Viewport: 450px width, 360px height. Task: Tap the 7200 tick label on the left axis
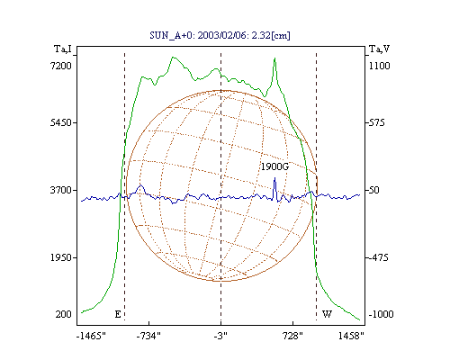pos(61,66)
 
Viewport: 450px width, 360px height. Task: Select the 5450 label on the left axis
pos(61,122)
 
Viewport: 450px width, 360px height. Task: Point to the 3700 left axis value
pos(61,190)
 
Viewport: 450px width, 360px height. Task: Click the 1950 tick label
pos(61,257)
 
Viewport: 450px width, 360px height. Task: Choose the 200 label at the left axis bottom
pos(63,314)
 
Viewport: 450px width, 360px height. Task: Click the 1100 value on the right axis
pos(380,66)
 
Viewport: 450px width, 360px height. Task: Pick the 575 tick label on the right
pos(376,122)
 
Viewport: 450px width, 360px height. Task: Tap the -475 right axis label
pos(378,257)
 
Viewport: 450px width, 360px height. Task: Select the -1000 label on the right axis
pos(381,314)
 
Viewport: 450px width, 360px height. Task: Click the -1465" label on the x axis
pos(91,336)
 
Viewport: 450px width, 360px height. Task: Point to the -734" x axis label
pos(148,336)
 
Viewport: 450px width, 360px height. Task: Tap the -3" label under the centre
pos(220,336)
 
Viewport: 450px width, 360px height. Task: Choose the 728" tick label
pos(292,336)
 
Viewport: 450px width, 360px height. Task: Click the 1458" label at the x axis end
pos(351,336)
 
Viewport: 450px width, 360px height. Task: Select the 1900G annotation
pos(274,166)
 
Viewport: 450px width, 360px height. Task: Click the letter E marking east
pos(118,314)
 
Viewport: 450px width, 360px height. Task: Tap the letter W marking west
pos(327,314)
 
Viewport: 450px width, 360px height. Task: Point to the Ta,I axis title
pos(63,49)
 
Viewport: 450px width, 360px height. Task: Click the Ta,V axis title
pos(379,49)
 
